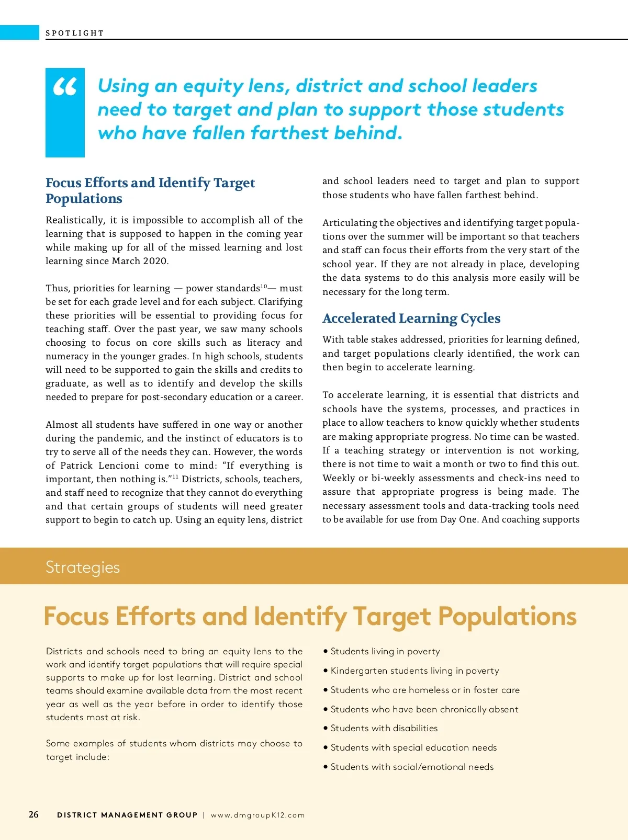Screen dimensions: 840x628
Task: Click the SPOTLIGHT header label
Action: [75, 33]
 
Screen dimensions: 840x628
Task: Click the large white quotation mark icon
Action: [65, 87]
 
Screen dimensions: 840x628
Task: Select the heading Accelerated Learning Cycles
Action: [411, 318]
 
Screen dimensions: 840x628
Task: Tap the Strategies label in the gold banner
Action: [83, 567]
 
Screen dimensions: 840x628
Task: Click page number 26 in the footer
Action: [33, 814]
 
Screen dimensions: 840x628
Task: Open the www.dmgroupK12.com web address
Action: [257, 815]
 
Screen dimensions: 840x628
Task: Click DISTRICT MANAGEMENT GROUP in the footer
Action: [127, 815]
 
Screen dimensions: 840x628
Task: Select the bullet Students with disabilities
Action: [384, 728]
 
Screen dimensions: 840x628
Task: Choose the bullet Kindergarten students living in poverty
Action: [414, 671]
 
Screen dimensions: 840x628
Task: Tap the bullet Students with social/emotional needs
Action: [412, 767]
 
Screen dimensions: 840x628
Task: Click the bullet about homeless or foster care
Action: [425, 690]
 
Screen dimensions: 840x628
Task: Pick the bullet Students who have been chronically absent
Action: [424, 709]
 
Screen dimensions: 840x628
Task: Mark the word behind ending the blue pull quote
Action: [368, 133]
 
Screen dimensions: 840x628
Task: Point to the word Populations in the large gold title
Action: [507, 616]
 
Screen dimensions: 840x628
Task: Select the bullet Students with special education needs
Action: [413, 747]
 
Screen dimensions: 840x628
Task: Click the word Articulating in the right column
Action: [349, 223]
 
